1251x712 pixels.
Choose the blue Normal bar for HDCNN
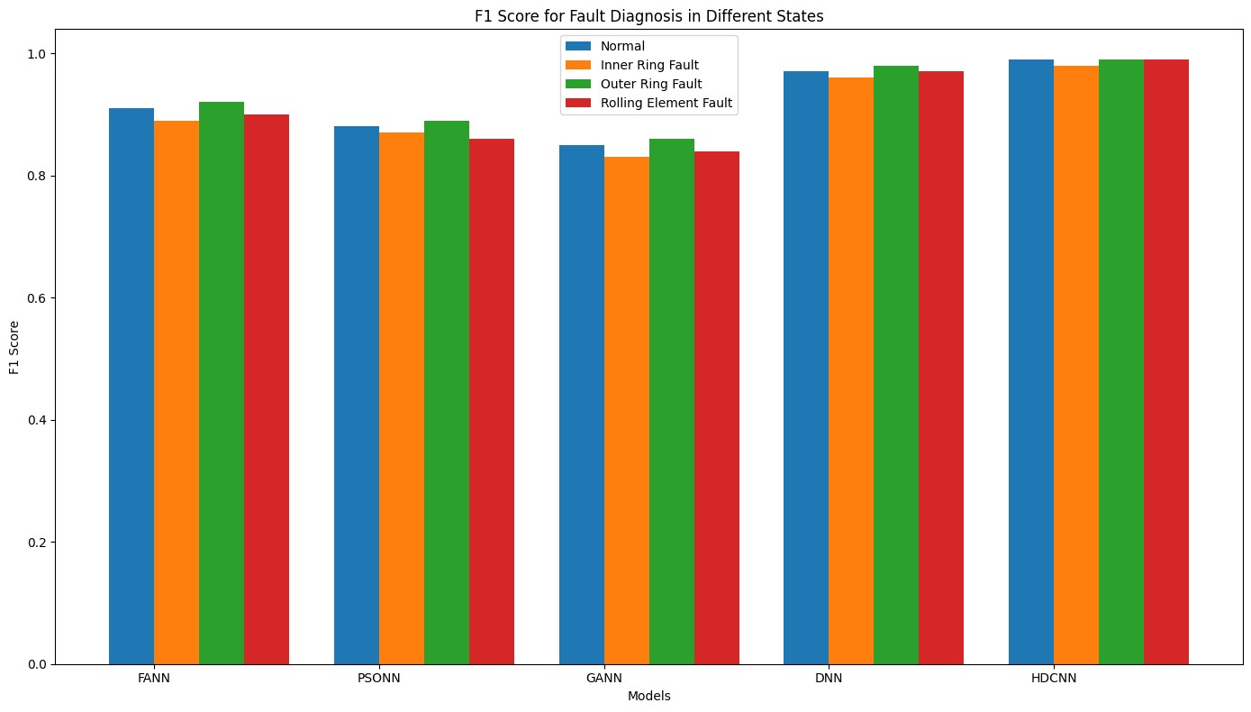(x=1031, y=361)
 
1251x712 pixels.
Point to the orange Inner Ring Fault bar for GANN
(x=627, y=410)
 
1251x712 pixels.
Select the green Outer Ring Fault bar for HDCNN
(x=1121, y=361)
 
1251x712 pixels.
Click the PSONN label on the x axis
(x=379, y=678)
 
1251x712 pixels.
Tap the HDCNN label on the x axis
(x=1054, y=678)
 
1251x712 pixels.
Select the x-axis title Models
(x=648, y=696)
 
